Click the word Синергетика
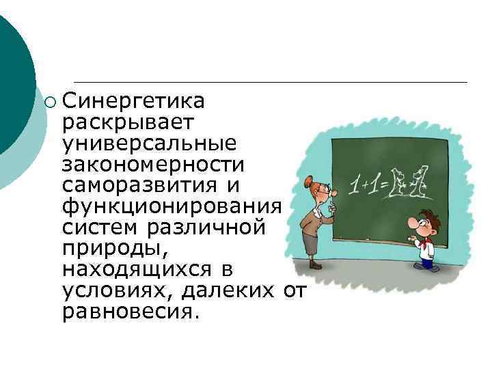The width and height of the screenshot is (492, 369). [133, 102]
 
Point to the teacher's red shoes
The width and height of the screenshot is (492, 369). [315, 264]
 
